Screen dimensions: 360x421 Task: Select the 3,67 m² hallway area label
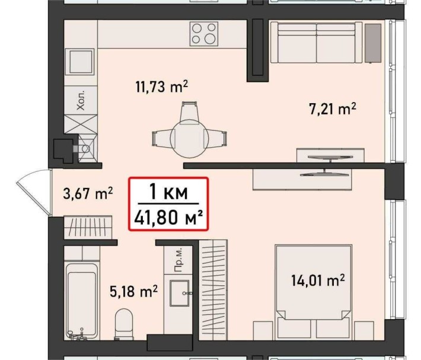[x=87, y=193]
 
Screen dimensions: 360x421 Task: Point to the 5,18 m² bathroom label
[x=133, y=291]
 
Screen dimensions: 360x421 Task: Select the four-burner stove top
[x=204, y=34]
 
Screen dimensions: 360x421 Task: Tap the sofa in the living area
[x=316, y=42]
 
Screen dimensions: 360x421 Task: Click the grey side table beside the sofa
[x=373, y=43]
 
